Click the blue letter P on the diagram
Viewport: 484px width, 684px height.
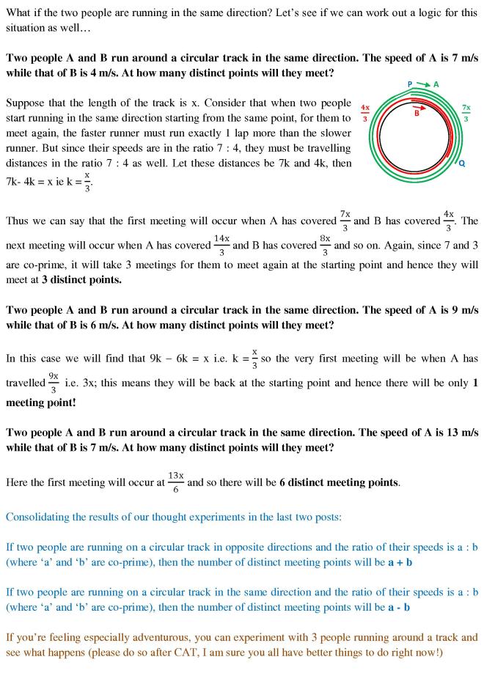pyautogui.click(x=409, y=84)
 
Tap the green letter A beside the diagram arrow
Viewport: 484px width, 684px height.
pyautogui.click(x=436, y=84)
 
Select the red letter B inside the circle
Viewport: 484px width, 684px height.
pyautogui.click(x=417, y=114)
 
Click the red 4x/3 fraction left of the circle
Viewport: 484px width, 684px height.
pyautogui.click(x=365, y=114)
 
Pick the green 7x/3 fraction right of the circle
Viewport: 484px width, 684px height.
pyautogui.click(x=466, y=113)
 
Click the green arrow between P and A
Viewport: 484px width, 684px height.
pyautogui.click(x=422, y=84)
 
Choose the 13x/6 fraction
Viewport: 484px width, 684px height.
pyautogui.click(x=176, y=481)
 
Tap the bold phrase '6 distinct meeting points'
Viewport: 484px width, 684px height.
pyautogui.click(x=339, y=482)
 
